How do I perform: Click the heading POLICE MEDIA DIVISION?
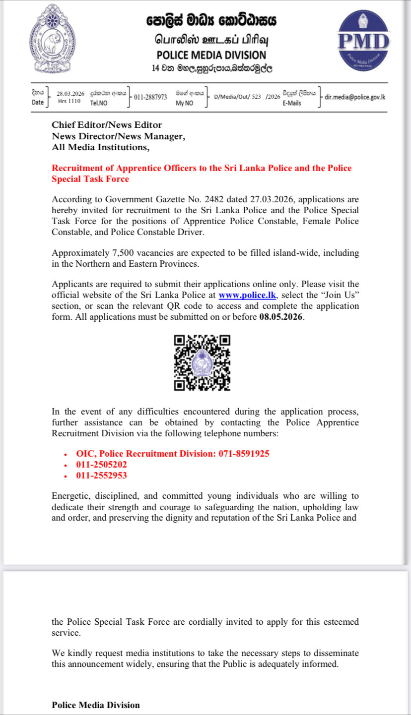pyautogui.click(x=211, y=56)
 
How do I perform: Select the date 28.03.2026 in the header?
pyautogui.click(x=70, y=94)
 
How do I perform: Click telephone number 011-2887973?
pyautogui.click(x=150, y=97)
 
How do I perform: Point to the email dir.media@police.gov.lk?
pyautogui.click(x=355, y=97)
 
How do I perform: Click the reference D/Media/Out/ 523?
pyautogui.click(x=237, y=97)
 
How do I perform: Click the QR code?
pyautogui.click(x=203, y=362)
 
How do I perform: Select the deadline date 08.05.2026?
pyautogui.click(x=281, y=317)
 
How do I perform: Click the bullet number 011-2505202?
pyautogui.click(x=101, y=465)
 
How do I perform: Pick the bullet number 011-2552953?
pyautogui.click(x=101, y=476)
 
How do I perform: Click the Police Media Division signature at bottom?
pyautogui.click(x=96, y=705)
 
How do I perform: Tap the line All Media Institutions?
pyautogui.click(x=100, y=147)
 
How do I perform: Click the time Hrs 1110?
pyautogui.click(x=69, y=101)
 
